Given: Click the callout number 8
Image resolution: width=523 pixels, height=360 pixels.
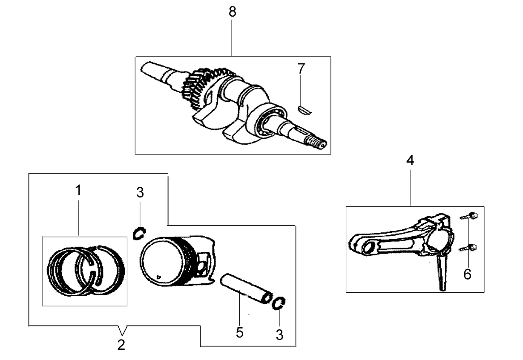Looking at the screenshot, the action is point(232,11).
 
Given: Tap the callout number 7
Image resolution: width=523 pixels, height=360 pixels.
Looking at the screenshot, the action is point(301,69).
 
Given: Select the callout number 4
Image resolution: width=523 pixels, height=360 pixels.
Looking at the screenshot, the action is point(410,160).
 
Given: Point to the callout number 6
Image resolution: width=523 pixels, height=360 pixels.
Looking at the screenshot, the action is point(467,274).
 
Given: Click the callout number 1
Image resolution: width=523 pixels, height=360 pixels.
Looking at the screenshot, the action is point(78,190).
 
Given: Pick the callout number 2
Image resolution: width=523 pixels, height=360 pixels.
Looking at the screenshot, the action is point(121,345).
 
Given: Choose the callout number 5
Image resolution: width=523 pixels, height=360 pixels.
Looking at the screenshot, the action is point(239,332).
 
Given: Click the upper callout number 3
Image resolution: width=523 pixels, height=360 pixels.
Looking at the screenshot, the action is point(140,193).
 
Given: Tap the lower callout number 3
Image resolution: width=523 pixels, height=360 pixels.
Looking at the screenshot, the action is point(279,335).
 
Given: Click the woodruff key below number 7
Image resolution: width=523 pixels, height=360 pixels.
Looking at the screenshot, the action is point(305,111).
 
